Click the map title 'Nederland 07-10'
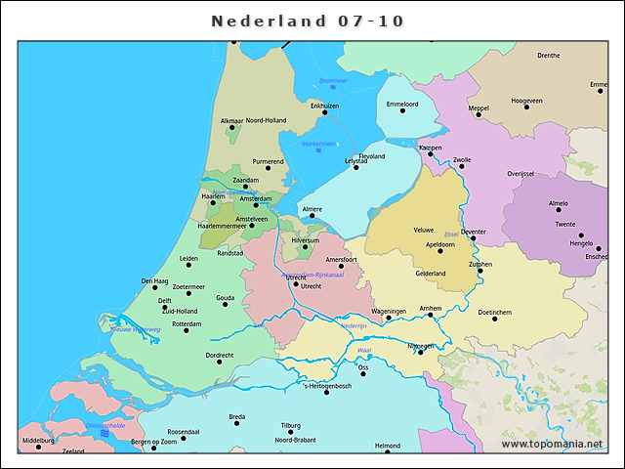[308, 21]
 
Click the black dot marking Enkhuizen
[325, 113]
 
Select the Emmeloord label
[402, 104]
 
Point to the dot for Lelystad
[356, 167]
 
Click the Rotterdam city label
[187, 323]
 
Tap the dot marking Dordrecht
[220, 362]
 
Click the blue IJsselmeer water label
[333, 80]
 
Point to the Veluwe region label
[424, 230]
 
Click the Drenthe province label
[549, 56]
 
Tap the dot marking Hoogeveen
[526, 107]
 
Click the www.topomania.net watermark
[553, 445]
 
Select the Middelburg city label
[38, 442]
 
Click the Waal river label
[364, 349]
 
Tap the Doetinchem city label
[495, 312]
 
